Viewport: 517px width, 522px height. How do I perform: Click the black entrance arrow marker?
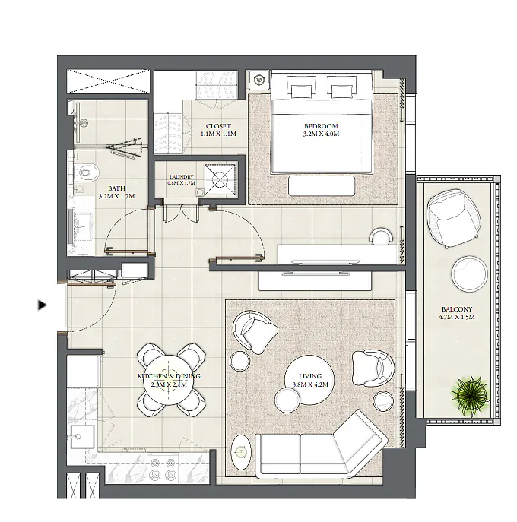click(x=42, y=305)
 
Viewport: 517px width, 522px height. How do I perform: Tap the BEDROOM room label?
click(x=321, y=126)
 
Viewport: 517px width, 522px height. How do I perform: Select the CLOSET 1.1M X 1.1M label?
click(x=218, y=130)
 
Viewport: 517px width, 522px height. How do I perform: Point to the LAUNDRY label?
click(x=181, y=177)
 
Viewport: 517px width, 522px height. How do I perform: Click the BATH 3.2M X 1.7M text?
click(x=116, y=192)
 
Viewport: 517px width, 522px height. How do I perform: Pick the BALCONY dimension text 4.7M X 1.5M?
click(x=457, y=317)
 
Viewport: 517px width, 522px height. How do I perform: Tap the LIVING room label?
click(x=310, y=376)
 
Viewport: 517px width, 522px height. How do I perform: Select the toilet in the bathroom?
click(x=86, y=172)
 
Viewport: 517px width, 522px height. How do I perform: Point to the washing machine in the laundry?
click(x=220, y=180)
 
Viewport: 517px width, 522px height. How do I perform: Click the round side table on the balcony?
click(x=470, y=273)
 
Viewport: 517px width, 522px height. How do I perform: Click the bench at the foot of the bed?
click(x=322, y=185)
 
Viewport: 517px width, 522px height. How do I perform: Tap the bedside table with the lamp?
click(x=258, y=80)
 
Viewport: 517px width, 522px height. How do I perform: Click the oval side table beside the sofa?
click(x=241, y=452)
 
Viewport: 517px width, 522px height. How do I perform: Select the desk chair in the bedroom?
click(x=382, y=236)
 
